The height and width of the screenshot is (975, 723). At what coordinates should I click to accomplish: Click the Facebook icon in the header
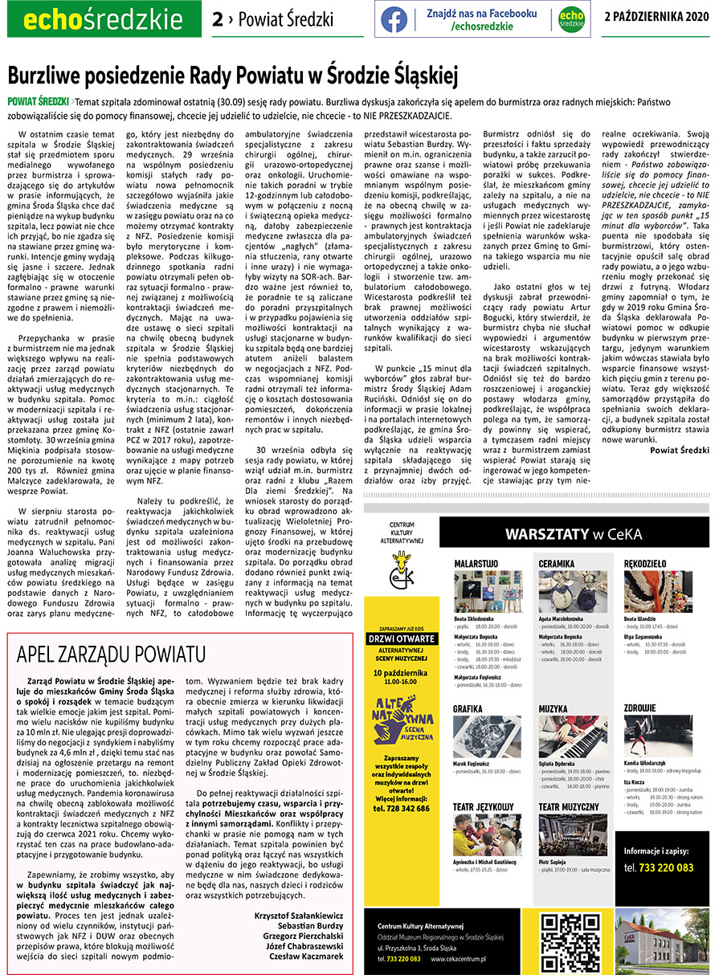pyautogui.click(x=394, y=18)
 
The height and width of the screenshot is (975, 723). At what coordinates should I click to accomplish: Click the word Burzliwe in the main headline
pyautogui.click(x=44, y=77)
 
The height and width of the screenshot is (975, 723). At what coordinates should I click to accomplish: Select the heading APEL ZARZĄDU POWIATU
pyautogui.click(x=110, y=655)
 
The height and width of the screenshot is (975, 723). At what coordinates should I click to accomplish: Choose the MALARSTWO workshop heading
pyautogui.click(x=476, y=564)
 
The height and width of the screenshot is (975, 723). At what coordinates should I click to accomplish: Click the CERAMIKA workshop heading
pyautogui.click(x=557, y=564)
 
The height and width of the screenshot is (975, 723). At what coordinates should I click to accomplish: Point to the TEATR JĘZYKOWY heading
pyautogui.click(x=484, y=806)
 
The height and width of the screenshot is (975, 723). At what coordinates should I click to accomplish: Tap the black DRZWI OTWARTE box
pyautogui.click(x=401, y=639)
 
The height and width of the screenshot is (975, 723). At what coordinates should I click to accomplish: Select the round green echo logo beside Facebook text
pyautogui.click(x=571, y=18)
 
